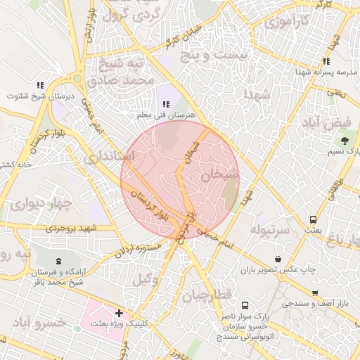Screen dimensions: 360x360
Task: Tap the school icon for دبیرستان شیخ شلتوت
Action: click(40, 86)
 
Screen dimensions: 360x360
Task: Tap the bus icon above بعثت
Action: click(314, 219)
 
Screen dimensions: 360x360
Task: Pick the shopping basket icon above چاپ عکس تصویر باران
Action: click(279, 259)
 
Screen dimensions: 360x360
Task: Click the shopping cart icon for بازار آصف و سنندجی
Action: click(314, 294)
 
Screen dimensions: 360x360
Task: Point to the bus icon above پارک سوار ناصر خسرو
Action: click(245, 306)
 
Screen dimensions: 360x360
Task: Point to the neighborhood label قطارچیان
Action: click(205, 296)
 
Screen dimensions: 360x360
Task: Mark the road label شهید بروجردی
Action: click(70, 229)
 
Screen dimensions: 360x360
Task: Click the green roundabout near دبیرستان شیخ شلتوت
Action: click(77, 79)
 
